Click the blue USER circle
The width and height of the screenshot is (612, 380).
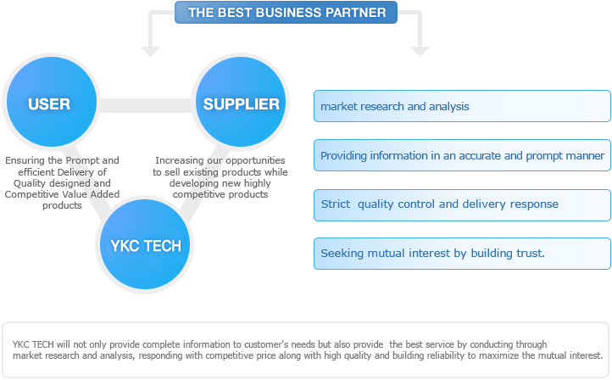(52, 102)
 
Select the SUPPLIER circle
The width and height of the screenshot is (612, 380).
(241, 102)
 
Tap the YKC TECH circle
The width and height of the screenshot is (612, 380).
(145, 244)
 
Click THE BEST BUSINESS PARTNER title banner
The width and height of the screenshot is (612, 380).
(286, 12)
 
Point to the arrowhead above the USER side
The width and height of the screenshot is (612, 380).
(150, 51)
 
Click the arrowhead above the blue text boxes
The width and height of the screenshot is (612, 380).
(420, 51)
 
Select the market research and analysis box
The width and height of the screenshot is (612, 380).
(462, 106)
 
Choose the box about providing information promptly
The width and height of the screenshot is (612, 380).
(462, 155)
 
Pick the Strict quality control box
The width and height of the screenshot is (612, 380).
(462, 205)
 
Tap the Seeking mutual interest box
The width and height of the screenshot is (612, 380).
(462, 254)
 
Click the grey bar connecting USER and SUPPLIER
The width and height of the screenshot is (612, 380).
(146, 105)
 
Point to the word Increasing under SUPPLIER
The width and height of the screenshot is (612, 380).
(173, 160)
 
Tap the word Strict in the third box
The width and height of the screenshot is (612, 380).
(336, 204)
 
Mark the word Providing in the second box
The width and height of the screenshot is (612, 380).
(343, 156)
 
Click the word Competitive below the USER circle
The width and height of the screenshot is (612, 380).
(27, 194)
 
